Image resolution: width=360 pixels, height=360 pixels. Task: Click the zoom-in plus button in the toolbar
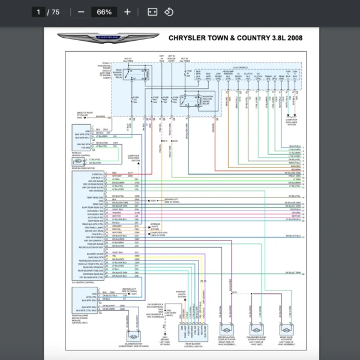click(127, 12)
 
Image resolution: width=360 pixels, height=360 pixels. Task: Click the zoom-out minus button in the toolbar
click(81, 12)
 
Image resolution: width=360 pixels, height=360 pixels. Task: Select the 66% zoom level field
click(104, 12)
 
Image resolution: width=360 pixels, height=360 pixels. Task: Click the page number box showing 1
click(39, 12)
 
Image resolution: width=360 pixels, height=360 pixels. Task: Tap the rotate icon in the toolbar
click(169, 12)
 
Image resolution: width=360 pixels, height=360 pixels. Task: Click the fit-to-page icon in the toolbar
click(152, 12)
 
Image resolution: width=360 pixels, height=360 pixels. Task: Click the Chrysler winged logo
click(108, 38)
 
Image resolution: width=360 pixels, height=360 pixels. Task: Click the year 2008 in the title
click(293, 38)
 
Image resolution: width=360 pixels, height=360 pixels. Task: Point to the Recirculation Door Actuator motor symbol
click(228, 331)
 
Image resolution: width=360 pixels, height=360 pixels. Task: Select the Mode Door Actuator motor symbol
click(286, 331)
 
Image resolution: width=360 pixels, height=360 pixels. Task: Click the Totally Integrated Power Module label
click(106, 71)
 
